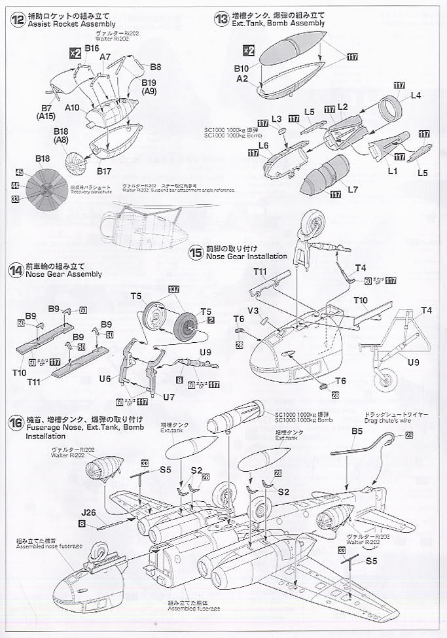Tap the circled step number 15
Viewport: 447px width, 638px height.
click(195, 251)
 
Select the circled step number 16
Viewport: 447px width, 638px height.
click(14, 419)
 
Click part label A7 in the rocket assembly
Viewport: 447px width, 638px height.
click(105, 57)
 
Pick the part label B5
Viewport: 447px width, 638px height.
click(357, 431)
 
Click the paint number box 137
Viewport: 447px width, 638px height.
click(173, 290)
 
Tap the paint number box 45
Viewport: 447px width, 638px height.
click(20, 173)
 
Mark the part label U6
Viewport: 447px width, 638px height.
click(105, 378)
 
